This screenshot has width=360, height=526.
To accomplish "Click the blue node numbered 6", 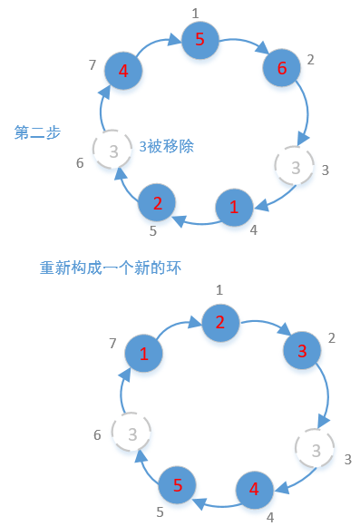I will [x=281, y=68].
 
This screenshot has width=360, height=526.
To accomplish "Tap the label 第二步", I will [x=38, y=132].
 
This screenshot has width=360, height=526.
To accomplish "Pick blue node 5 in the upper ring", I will [x=199, y=40].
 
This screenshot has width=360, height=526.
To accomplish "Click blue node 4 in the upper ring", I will [x=122, y=70].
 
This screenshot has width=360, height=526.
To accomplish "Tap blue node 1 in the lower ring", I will [x=143, y=354].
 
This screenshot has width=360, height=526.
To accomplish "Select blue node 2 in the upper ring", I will [x=157, y=202].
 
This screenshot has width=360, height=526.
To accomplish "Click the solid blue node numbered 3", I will [x=302, y=350].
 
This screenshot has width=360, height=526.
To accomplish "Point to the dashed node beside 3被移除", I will [x=112, y=151].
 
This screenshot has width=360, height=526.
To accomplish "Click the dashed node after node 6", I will [x=294, y=166].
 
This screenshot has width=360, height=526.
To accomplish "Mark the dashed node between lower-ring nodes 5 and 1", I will [x=131, y=433].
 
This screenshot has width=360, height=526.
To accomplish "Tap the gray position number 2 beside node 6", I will [x=310, y=60].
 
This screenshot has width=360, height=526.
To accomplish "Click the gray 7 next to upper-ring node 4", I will [x=92, y=64].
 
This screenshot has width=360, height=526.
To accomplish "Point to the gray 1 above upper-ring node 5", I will [x=195, y=13].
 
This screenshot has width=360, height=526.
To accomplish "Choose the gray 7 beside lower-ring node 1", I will [x=112, y=343].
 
